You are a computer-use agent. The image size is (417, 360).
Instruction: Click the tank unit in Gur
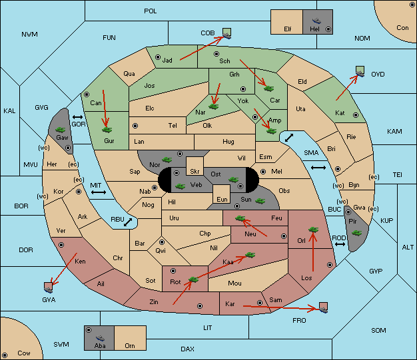point(107,130)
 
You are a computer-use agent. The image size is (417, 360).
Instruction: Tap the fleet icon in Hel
point(316,21)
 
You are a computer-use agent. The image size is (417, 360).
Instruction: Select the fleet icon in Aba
point(100,337)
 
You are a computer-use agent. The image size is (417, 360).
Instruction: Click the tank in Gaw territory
point(61,130)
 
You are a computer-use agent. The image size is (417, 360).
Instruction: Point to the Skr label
point(195,172)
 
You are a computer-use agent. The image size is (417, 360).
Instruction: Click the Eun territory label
point(222,199)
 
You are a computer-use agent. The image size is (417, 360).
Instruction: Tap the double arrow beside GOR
point(78,117)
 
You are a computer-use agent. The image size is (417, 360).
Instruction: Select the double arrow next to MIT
point(99,192)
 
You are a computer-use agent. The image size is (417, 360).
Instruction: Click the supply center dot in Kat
point(356,115)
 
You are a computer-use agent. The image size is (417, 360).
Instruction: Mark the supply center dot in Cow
point(5,355)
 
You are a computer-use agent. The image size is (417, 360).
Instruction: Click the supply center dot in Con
point(412,5)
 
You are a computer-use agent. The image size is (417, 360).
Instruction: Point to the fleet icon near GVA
point(49,287)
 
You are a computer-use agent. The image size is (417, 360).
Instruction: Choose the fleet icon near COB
point(227,33)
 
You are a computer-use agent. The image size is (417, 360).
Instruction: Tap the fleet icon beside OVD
point(360,72)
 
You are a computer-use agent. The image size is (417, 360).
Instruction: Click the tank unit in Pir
point(356,233)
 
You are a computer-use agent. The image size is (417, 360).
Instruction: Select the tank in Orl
point(313,230)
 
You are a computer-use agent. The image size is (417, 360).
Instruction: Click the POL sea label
point(151,11)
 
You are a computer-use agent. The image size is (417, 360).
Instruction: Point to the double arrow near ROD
point(340,244)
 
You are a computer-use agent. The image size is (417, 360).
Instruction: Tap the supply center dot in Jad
point(158,57)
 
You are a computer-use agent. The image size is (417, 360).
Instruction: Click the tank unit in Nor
point(167,160)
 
